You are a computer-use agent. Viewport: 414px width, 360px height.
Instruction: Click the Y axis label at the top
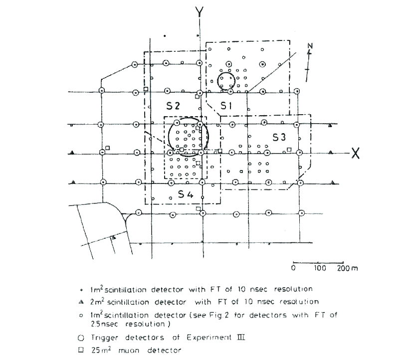pyautogui.click(x=200, y=11)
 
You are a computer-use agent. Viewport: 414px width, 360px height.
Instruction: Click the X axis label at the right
pyautogui.click(x=356, y=153)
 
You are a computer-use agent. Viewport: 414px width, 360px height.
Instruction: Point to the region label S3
pyautogui.click(x=279, y=136)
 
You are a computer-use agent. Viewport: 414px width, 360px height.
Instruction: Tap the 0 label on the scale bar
pyautogui.click(x=293, y=268)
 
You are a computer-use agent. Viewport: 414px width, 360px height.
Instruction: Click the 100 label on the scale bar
pyautogui.click(x=319, y=268)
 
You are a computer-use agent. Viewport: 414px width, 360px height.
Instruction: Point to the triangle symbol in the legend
pyautogui.click(x=80, y=301)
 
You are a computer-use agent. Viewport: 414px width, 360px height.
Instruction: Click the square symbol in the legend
pyautogui.click(x=80, y=350)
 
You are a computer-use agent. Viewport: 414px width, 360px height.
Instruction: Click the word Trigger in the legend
pyautogui.click(x=102, y=338)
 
